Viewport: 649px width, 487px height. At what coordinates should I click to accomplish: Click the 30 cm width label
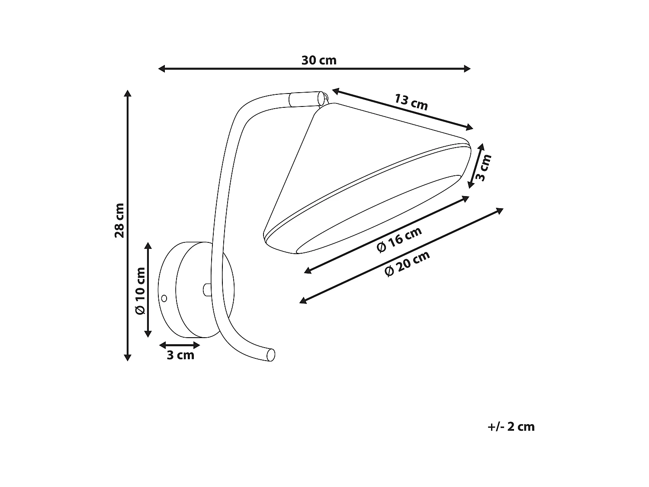319,60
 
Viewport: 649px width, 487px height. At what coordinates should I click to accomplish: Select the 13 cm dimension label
411,102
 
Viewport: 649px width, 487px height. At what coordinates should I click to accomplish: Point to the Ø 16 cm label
399,240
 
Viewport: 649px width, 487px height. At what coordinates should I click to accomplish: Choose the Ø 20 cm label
407,264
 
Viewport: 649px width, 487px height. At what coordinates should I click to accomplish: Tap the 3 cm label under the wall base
180,355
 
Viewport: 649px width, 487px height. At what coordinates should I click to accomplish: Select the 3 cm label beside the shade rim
485,167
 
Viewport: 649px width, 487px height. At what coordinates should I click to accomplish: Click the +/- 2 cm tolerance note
511,427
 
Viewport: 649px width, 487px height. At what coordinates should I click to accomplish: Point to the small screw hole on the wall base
164,298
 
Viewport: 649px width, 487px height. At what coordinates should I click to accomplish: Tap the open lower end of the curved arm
271,355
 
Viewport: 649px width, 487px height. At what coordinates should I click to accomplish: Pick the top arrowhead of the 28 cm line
127,93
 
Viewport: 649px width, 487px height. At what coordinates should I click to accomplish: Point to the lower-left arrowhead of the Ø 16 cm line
307,271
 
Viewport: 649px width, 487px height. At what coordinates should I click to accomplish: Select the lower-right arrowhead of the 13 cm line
470,128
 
